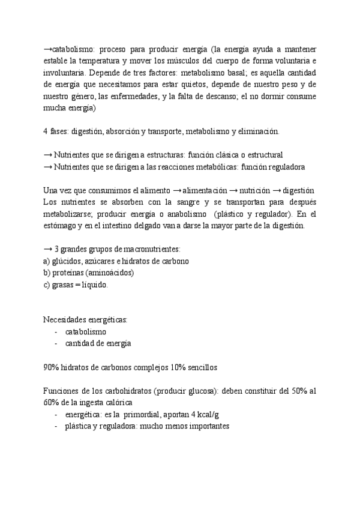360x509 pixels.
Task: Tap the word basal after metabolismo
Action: click(212, 73)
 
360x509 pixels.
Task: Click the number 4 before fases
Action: click(46, 131)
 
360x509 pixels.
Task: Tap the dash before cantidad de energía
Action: click(56, 343)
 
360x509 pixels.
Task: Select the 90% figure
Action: click(52, 367)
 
